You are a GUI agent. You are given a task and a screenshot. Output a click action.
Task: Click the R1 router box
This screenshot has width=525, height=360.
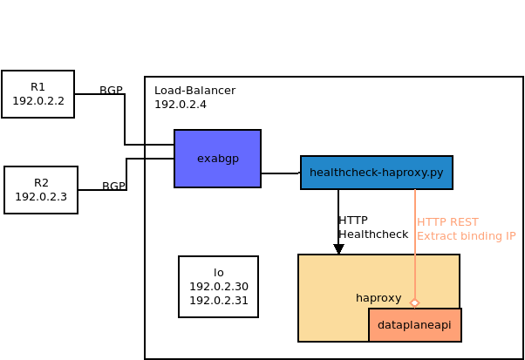pyautogui.click(x=37, y=93)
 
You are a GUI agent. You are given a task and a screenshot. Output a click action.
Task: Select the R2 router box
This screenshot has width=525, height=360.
pyautogui.click(x=41, y=189)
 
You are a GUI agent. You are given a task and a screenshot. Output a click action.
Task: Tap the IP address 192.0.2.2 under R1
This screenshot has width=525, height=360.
pyautogui.click(x=37, y=101)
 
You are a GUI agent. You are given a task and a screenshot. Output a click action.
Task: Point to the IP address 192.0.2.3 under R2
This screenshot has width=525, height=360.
pyautogui.click(x=41, y=197)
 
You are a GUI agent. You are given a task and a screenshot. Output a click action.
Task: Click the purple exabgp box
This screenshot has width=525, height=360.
pyautogui.click(x=217, y=159)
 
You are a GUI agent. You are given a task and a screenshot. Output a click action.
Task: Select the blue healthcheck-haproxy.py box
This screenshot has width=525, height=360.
pyautogui.click(x=376, y=173)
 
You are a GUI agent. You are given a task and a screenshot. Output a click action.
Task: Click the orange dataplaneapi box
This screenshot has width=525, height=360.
pyautogui.click(x=414, y=325)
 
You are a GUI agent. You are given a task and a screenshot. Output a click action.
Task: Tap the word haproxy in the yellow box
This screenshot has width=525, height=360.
pyautogui.click(x=378, y=298)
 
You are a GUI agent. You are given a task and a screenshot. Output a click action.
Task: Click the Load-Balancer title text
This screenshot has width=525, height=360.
pyautogui.click(x=194, y=91)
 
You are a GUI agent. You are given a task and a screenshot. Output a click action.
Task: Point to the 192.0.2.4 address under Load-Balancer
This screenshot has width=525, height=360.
pyautogui.click(x=180, y=105)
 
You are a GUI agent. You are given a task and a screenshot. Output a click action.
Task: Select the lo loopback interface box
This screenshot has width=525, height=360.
pyautogui.click(x=218, y=287)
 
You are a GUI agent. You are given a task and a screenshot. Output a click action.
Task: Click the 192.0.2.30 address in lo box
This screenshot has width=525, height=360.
pyautogui.click(x=218, y=287)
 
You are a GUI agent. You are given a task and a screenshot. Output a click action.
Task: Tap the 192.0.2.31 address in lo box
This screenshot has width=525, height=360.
pyautogui.click(x=218, y=301)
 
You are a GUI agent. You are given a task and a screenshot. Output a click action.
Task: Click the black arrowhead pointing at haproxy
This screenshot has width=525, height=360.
pyautogui.click(x=338, y=249)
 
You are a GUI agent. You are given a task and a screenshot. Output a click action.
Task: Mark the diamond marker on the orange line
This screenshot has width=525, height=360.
pyautogui.click(x=414, y=303)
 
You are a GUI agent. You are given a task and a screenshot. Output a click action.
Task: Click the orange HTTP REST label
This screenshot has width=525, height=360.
pyautogui.click(x=447, y=222)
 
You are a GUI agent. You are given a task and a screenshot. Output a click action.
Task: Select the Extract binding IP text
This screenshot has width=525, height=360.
pyautogui.click(x=466, y=236)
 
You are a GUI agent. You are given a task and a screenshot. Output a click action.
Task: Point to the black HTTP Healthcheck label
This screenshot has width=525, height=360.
pyautogui.click(x=372, y=228)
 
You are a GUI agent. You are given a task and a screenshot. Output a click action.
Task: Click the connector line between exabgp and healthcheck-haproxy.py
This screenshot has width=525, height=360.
pyautogui.click(x=280, y=173)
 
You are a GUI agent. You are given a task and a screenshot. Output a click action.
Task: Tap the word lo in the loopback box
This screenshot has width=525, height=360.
pyautogui.click(x=218, y=273)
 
